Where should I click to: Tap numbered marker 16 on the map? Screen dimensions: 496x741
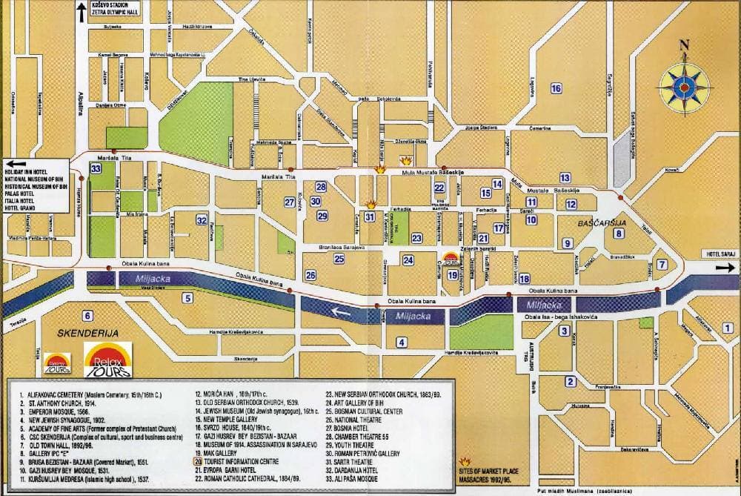coord(556,89)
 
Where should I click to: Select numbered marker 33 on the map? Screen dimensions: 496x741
coord(96,169)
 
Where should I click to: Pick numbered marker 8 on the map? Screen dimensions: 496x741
coord(618,235)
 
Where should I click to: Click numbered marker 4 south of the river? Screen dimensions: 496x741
coord(401,342)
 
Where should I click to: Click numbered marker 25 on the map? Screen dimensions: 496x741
coord(339,259)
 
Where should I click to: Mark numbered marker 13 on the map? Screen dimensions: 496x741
coord(565,177)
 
